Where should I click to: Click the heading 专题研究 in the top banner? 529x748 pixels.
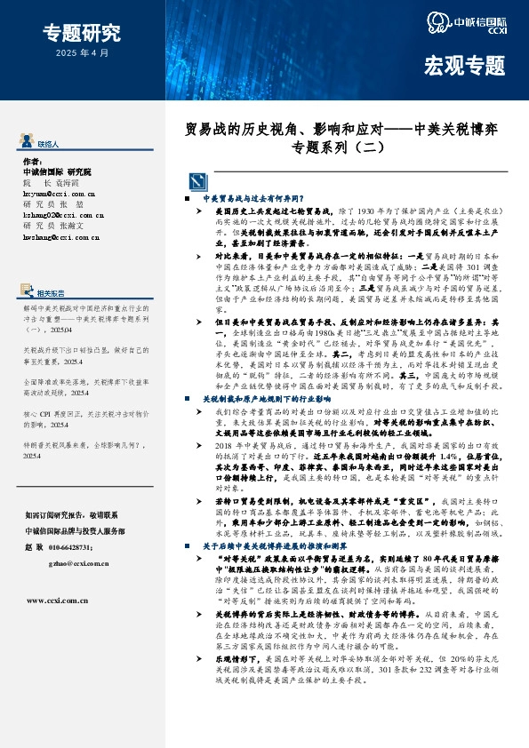(82, 34)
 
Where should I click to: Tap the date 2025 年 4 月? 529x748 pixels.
(82, 54)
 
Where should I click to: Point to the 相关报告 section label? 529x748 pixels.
(51, 267)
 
